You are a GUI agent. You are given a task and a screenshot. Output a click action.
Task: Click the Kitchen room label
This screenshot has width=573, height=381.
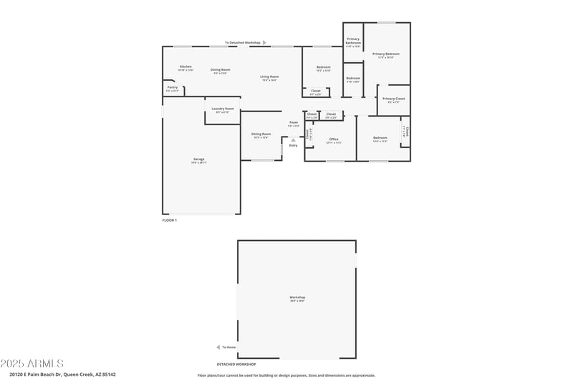[186, 66]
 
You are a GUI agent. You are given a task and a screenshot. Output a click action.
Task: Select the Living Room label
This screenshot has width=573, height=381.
[269, 76]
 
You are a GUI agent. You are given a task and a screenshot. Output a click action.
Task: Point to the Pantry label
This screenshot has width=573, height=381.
[173, 87]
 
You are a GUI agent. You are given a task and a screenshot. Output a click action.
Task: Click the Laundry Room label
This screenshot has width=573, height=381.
[222, 109]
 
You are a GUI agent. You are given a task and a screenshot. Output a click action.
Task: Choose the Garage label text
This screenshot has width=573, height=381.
[198, 159]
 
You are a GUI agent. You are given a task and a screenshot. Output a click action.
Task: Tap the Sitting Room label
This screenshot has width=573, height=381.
[261, 134]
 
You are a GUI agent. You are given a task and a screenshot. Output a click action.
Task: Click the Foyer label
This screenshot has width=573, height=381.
[294, 122]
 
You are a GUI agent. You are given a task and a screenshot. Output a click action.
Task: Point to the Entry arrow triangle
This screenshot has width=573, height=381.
[293, 140]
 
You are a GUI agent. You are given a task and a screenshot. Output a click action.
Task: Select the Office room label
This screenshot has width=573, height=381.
[334, 139]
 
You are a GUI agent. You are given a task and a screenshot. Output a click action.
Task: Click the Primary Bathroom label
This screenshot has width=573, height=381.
[353, 41]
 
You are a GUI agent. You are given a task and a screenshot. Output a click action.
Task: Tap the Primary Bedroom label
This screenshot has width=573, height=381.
[386, 54]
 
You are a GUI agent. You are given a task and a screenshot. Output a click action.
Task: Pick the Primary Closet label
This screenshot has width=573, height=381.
[393, 99]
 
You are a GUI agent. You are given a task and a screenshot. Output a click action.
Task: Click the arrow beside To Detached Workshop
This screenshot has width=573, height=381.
[264, 43]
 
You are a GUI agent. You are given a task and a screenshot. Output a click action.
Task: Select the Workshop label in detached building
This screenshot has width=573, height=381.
[297, 297]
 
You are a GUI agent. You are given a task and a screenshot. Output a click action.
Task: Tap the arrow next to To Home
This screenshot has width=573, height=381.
[218, 347]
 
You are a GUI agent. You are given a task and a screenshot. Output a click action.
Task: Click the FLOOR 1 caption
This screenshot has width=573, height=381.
[169, 220]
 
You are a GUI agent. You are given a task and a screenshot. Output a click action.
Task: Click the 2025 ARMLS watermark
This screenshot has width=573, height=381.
[32, 363]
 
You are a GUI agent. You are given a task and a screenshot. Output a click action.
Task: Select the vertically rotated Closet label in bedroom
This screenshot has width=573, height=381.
[405, 132]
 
